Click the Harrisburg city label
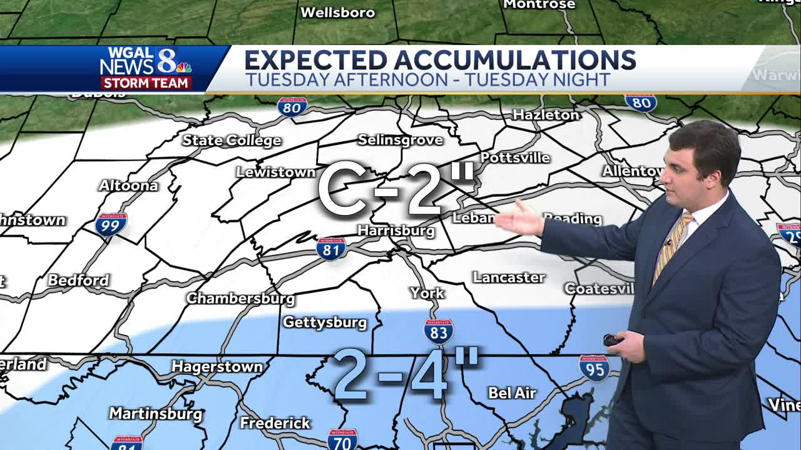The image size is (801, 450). click(x=395, y=231)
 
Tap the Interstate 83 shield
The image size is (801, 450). click(x=438, y=332)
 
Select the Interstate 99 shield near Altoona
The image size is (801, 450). click(x=111, y=224)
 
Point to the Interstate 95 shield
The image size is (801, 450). click(x=594, y=368)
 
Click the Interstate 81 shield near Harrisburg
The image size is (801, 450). click(x=331, y=248)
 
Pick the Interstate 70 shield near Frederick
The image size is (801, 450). click(x=342, y=439)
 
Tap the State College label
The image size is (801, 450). click(x=232, y=140)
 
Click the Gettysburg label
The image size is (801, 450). click(x=325, y=322)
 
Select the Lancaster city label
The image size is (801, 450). click(x=509, y=277)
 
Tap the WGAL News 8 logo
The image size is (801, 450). click(x=146, y=67)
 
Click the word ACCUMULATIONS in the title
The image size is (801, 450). click(x=514, y=60)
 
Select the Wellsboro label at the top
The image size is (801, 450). click(x=338, y=12)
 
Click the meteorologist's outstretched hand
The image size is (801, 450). click(x=519, y=219)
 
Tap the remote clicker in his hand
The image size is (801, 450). click(x=611, y=341)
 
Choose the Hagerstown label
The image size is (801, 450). click(x=217, y=366)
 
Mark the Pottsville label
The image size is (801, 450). click(x=515, y=157)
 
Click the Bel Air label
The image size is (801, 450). click(x=512, y=392)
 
